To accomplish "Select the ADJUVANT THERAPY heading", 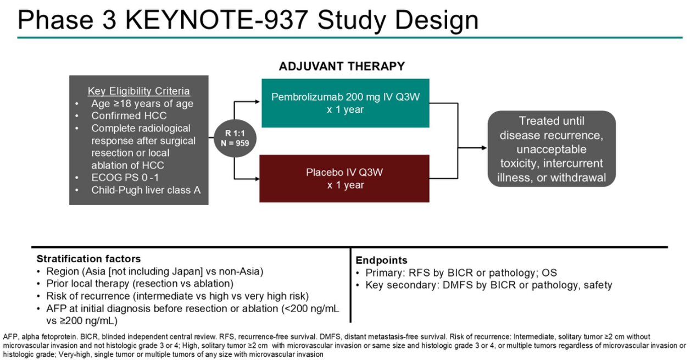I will tap(342, 67).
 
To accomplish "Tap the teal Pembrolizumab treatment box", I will tap(345, 103).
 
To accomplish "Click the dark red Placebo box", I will tap(345, 179).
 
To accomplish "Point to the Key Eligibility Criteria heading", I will tap(139, 91).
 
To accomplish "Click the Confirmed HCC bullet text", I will tap(129, 116).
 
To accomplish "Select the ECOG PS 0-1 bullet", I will tap(126, 178).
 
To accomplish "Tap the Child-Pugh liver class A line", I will tap(146, 191).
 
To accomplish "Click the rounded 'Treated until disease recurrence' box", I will tap(552, 149).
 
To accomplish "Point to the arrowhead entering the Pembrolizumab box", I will tap(258, 102).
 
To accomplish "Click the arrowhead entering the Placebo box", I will tap(258, 179).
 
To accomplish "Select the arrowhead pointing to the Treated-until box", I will tap(484, 147).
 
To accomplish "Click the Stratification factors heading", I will tap(88, 259).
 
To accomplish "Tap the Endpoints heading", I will tap(381, 261).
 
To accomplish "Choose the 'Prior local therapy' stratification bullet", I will tap(140, 284).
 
